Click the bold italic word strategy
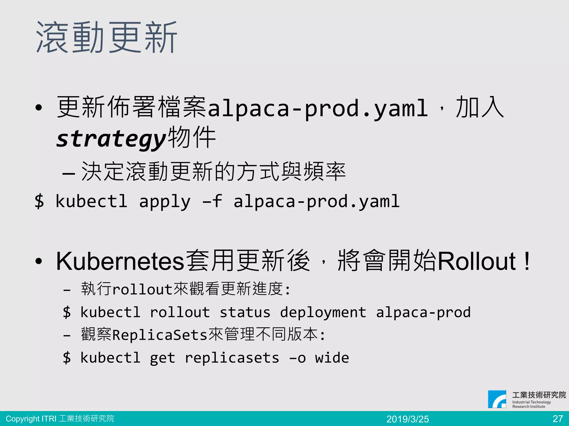pyautogui.click(x=111, y=139)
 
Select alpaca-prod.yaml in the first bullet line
pyautogui.click(x=318, y=108)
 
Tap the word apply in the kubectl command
pyautogui.click(x=165, y=201)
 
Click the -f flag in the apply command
pyautogui.click(x=213, y=201)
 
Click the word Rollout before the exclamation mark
pyautogui.click(x=476, y=261)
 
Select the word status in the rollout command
pyautogui.click(x=245, y=313)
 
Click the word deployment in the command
pyautogui.click(x=323, y=313)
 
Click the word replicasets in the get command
pyautogui.click(x=232, y=358)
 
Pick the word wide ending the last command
pyautogui.click(x=332, y=358)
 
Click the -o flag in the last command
pyautogui.click(x=297, y=358)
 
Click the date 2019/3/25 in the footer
pyautogui.click(x=408, y=419)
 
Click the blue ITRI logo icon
pyautogui.click(x=497, y=399)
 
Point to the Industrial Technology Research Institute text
pyautogui.click(x=531, y=404)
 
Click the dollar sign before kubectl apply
pyautogui.click(x=39, y=201)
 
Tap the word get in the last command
pyautogui.click(x=163, y=358)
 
